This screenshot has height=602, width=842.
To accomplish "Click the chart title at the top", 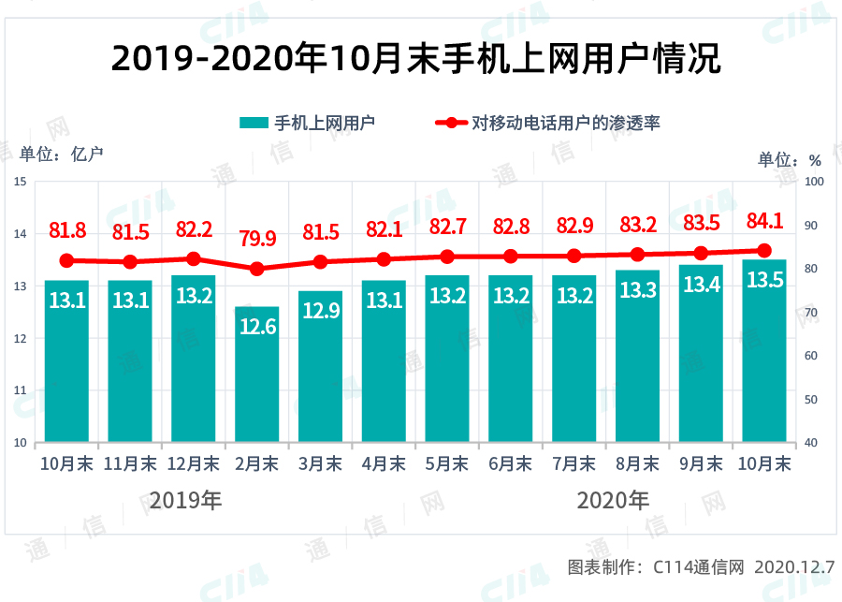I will click(416, 59).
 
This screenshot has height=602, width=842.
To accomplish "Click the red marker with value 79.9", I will click(257, 269).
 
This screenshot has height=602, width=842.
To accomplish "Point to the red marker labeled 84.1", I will click(764, 250).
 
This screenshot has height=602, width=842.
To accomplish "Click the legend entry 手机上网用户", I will click(308, 123).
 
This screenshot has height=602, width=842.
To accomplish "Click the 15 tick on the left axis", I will click(20, 181).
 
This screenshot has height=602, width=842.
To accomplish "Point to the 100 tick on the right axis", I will click(814, 181).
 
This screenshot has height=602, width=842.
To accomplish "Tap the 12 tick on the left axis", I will click(20, 338).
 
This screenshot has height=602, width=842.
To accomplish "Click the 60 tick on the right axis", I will click(811, 356).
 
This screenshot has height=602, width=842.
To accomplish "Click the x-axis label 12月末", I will click(193, 463).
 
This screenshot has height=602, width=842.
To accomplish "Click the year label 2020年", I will click(613, 500).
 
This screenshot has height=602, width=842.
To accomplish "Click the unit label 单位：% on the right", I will click(789, 159).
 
